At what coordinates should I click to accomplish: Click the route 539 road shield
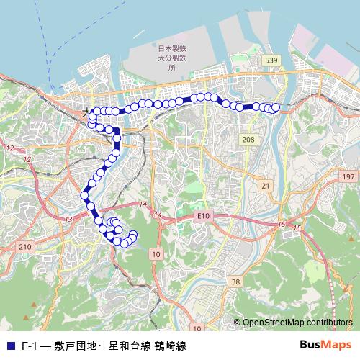(271, 60)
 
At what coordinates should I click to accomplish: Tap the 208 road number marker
(248, 139)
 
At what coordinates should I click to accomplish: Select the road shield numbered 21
(266, 186)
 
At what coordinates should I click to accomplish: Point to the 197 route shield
(348, 176)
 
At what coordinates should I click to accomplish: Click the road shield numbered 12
(9, 148)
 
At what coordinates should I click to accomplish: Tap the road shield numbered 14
(143, 205)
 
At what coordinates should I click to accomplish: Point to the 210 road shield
(26, 247)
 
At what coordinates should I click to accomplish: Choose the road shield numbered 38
(236, 282)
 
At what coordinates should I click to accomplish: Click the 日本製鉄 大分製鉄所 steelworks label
(167, 57)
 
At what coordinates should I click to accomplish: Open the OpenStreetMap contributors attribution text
(297, 323)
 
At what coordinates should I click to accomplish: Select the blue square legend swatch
(10, 346)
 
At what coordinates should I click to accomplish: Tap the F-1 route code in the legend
(30, 346)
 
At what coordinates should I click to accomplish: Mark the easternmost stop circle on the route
(275, 108)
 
